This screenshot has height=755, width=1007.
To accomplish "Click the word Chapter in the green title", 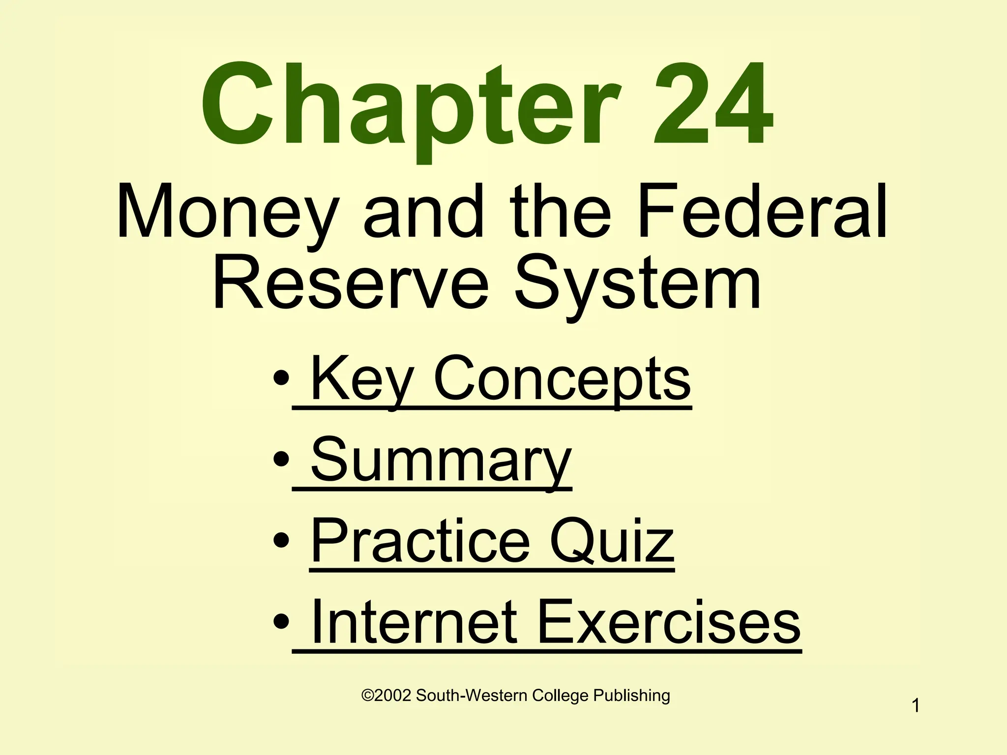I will pos(411,106).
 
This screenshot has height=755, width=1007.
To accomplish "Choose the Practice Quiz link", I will pos(492,542).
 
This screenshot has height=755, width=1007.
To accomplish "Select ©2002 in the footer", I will pos(386,696).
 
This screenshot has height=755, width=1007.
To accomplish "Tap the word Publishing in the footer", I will pos(631,696).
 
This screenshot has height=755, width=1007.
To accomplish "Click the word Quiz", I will pos(612,542).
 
